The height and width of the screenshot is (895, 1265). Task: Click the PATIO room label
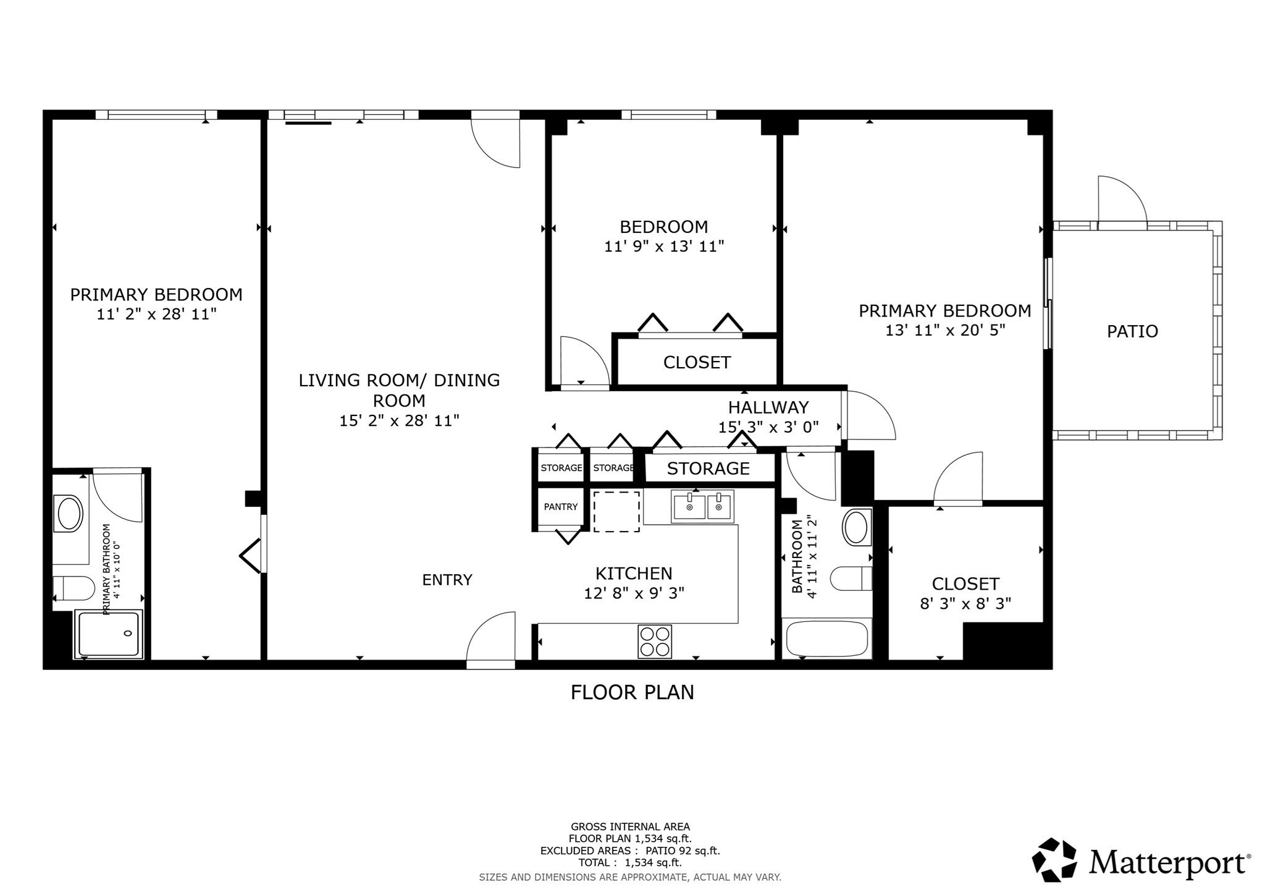point(1132,331)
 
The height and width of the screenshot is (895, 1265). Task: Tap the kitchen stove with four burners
point(655,642)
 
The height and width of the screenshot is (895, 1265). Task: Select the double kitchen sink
point(702,507)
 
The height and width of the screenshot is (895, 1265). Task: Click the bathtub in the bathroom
point(827,638)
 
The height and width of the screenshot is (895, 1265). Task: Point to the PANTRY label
point(560,507)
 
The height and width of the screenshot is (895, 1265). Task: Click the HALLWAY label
point(768,407)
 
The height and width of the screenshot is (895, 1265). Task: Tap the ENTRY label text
point(447,580)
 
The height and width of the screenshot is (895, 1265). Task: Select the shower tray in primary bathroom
point(109,634)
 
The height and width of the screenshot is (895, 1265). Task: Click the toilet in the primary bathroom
point(72,588)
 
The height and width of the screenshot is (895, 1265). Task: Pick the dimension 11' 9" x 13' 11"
point(663,247)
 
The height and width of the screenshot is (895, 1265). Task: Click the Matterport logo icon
point(1055,860)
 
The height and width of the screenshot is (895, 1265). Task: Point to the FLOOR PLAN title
point(632,692)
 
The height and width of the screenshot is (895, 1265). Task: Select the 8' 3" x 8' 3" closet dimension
point(965,603)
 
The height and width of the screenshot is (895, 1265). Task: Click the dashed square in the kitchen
point(616,512)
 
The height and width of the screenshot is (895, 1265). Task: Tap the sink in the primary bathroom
point(69,513)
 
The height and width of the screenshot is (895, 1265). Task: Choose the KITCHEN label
point(634,574)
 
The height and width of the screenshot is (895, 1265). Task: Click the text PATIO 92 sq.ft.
point(683,850)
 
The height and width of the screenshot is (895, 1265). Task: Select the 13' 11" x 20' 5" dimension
point(945,330)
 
